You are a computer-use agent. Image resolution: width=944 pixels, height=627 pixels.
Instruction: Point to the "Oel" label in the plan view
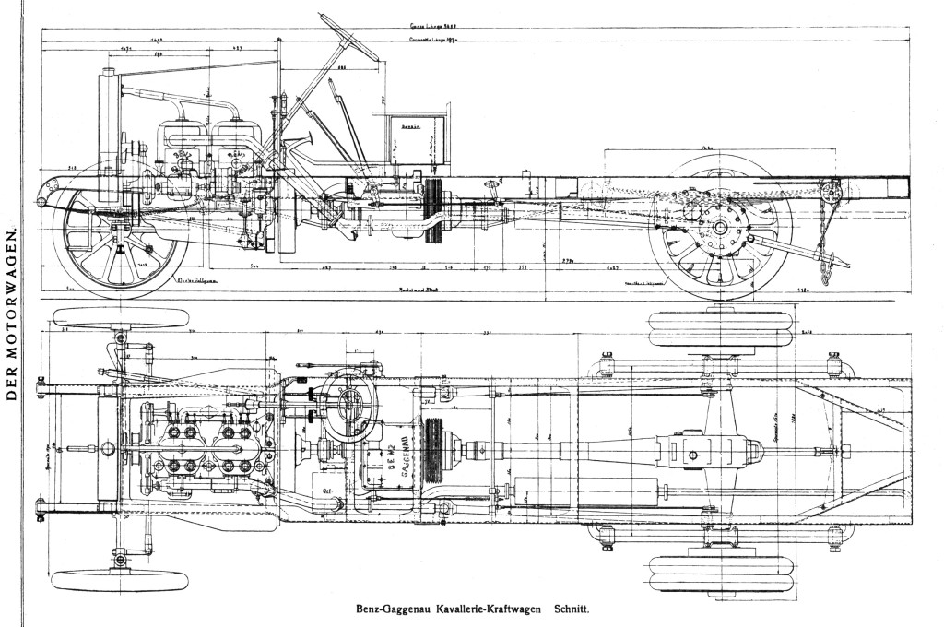327,491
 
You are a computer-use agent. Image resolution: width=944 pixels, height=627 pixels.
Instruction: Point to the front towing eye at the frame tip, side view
41,200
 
